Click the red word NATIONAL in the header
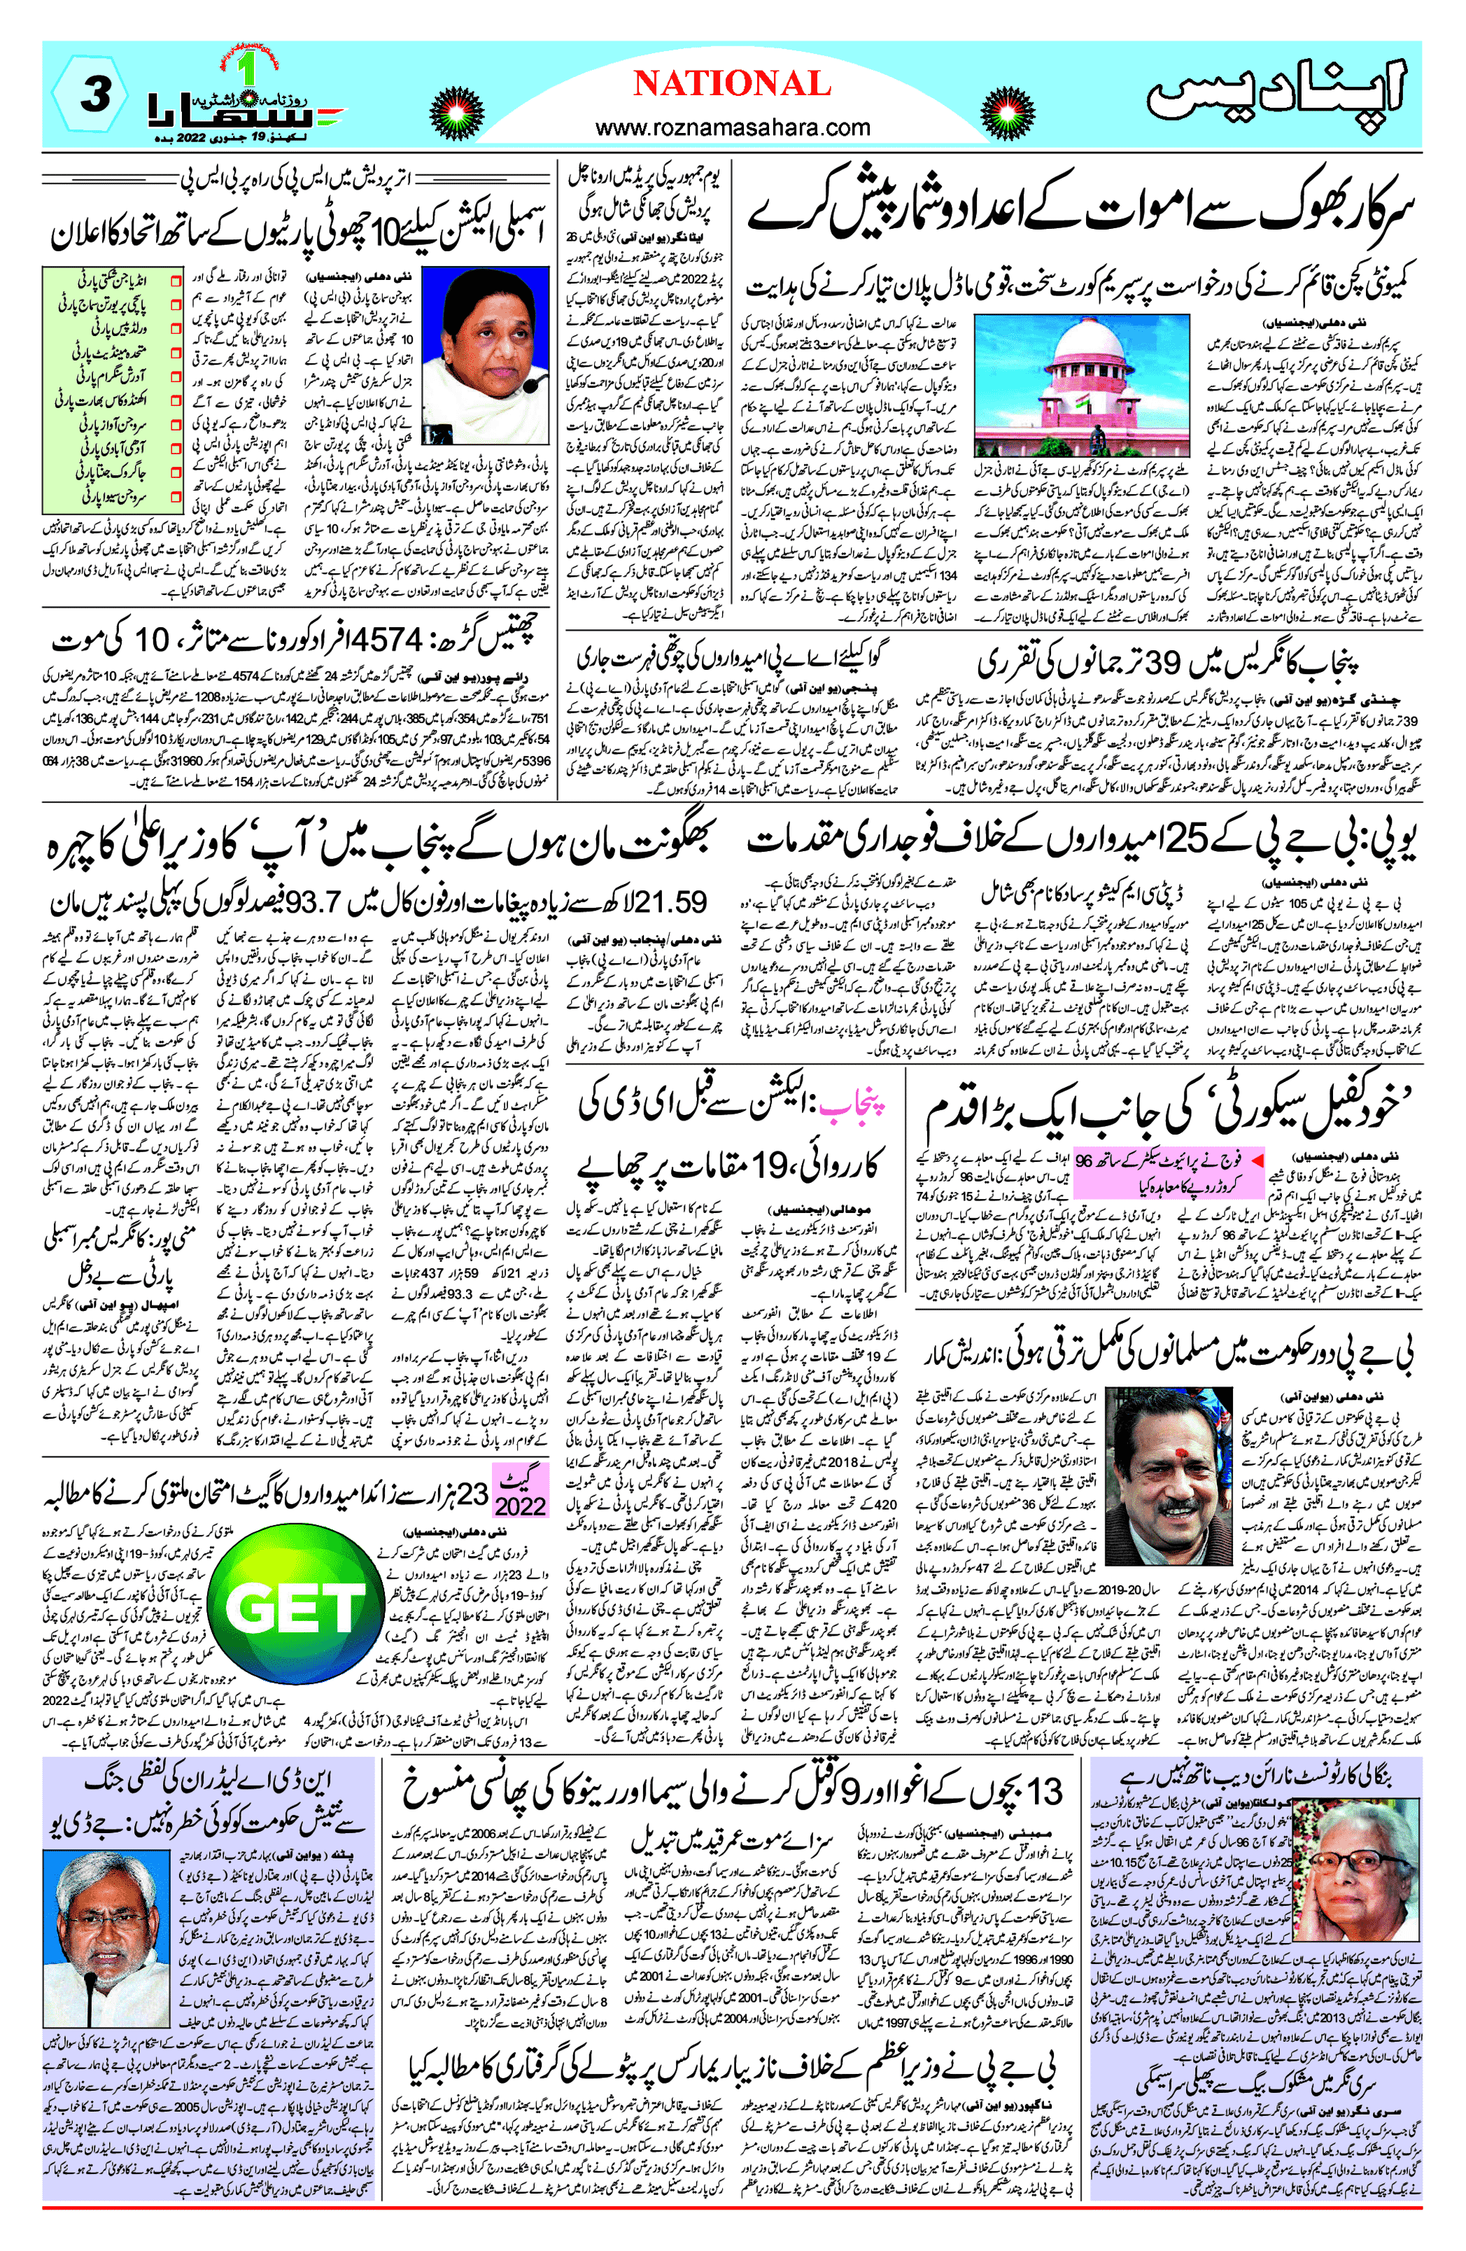point(731,83)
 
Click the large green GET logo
point(295,1606)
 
